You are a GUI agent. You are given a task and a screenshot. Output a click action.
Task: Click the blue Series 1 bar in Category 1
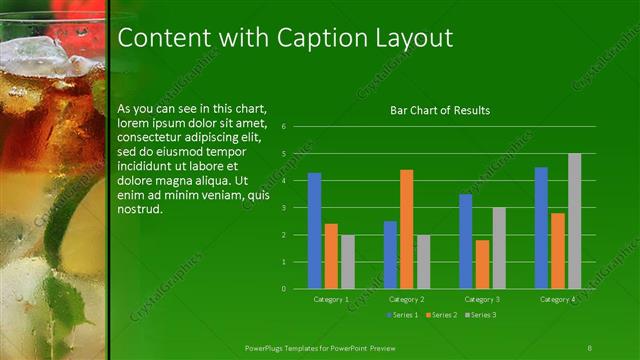click(x=315, y=231)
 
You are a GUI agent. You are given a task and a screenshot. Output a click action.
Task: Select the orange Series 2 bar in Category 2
click(x=407, y=229)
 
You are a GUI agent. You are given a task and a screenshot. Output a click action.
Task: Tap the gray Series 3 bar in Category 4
click(x=575, y=221)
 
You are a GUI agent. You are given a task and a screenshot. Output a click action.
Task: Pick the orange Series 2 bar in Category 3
click(x=483, y=264)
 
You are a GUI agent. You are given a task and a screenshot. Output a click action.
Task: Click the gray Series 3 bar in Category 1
click(x=348, y=262)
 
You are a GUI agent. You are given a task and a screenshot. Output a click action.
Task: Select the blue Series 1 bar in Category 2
click(x=390, y=255)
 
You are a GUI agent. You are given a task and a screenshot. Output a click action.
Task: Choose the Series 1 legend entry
click(x=404, y=315)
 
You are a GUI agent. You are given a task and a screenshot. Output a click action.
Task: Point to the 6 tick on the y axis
click(x=285, y=127)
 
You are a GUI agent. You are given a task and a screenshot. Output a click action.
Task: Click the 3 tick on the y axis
click(x=285, y=208)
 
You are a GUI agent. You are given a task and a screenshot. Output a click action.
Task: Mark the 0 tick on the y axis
click(x=285, y=289)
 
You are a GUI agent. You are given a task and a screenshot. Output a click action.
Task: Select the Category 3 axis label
click(x=483, y=299)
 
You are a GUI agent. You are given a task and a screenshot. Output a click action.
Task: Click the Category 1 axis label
click(x=331, y=299)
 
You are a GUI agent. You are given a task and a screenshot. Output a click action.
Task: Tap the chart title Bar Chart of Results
click(x=440, y=110)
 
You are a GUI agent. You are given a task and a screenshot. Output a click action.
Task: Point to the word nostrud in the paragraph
click(x=139, y=210)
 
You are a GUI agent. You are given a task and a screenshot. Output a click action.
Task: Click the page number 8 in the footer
click(x=590, y=346)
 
